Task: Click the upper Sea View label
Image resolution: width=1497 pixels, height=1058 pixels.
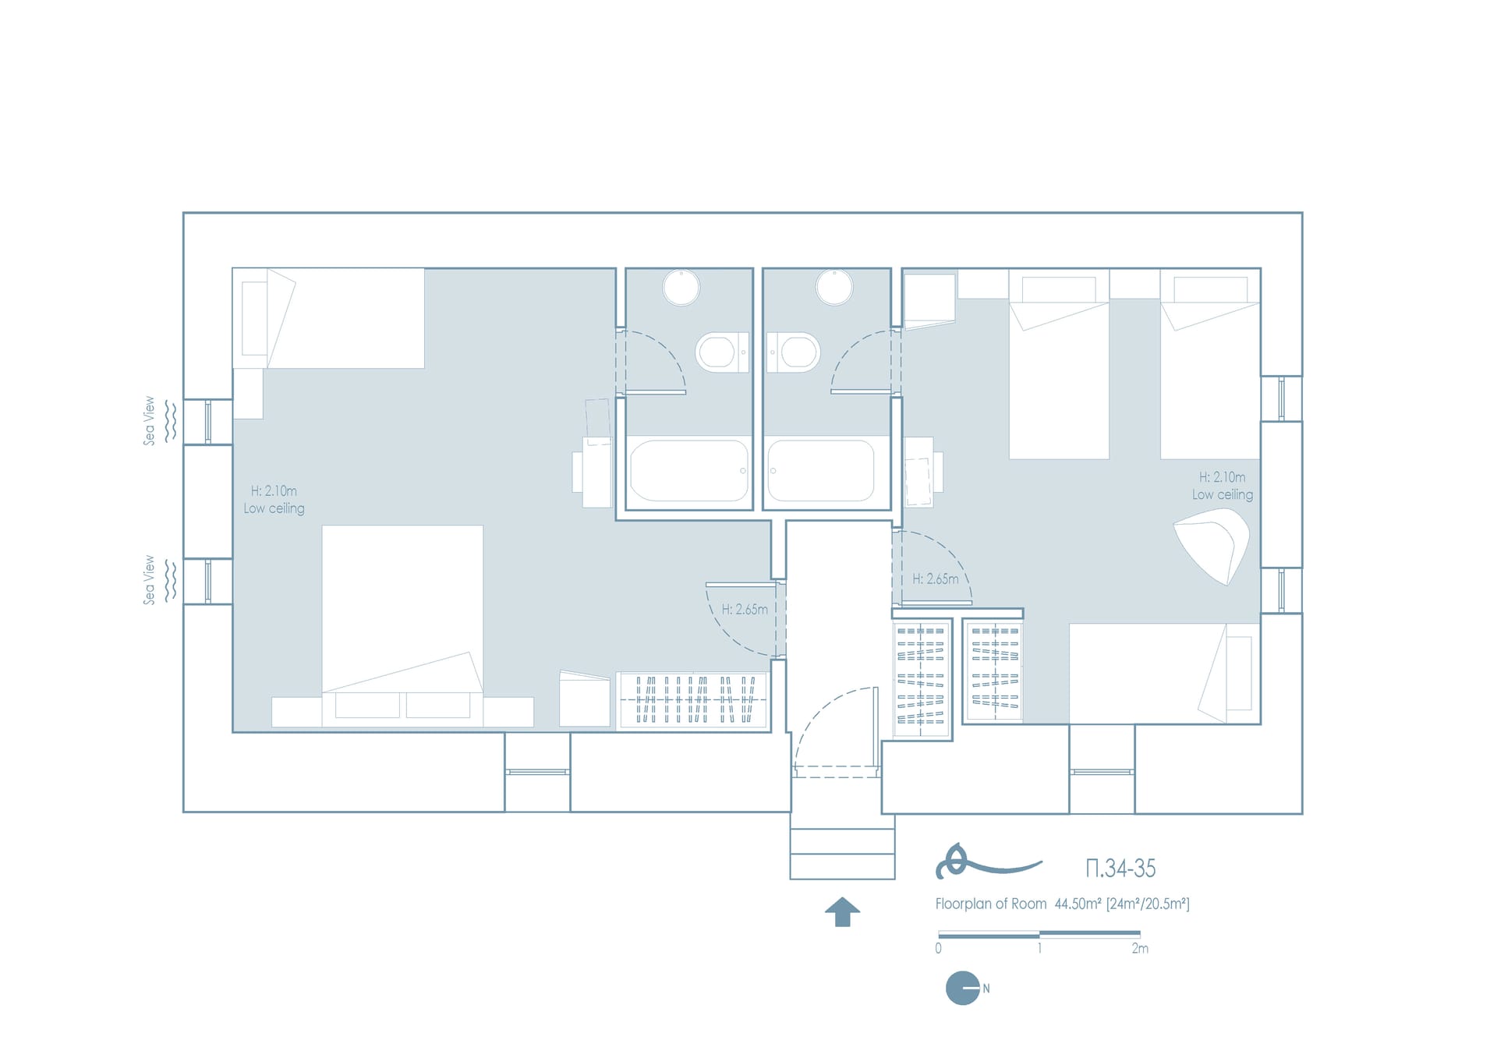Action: coord(149,421)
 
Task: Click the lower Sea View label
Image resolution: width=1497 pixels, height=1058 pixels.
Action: coord(149,580)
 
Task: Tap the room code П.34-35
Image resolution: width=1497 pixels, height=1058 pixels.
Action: coord(1120,868)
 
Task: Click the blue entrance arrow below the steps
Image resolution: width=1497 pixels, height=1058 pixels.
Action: coord(842,911)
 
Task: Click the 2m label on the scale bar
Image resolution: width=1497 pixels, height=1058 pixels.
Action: coord(1140,949)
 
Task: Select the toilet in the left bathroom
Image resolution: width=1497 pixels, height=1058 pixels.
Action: coord(722,352)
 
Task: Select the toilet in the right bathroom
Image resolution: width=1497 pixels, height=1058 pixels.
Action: coord(794,352)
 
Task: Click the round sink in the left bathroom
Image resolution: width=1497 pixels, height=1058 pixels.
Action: coord(681,287)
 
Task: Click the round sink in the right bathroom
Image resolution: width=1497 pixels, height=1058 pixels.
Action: coord(834,287)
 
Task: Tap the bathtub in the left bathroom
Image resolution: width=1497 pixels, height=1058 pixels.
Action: coord(689,470)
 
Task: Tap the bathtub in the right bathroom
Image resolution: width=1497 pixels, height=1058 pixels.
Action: coord(821,470)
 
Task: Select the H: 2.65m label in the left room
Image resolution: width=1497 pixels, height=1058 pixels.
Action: coord(745,609)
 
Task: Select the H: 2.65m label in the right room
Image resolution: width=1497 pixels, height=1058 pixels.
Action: coord(936,579)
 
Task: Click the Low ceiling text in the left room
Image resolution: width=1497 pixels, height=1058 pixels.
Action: coord(274,508)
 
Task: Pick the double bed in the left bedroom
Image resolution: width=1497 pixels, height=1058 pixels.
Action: coord(402,609)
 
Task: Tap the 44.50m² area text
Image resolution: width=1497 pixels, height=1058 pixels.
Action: coord(1078,904)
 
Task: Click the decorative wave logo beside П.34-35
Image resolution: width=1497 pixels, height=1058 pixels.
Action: coord(987,862)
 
